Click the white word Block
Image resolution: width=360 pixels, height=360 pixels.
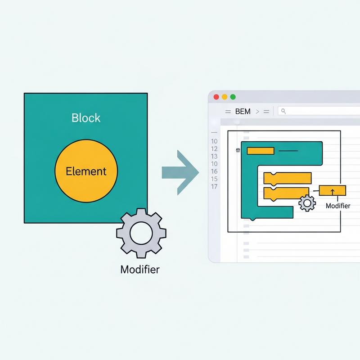point(86,118)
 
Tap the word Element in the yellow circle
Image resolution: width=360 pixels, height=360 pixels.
point(86,171)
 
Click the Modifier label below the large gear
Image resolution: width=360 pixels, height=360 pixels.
point(140,269)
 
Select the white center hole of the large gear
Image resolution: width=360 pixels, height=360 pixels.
point(141,233)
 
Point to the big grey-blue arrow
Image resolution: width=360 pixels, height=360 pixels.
point(180,173)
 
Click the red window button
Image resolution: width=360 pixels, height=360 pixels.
point(216,97)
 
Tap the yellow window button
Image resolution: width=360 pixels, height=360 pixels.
point(225,97)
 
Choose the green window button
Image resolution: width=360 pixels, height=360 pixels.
point(233,97)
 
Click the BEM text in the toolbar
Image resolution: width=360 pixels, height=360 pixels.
point(243,112)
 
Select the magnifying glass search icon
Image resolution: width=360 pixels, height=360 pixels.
point(283,111)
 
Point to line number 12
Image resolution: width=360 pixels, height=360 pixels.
point(214,149)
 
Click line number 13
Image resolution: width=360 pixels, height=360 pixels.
point(214,156)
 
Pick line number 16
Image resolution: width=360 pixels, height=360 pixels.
point(214,171)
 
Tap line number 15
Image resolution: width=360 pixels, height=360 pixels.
point(214,179)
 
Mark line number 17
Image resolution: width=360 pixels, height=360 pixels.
point(214,186)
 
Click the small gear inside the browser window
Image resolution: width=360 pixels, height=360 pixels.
point(307,203)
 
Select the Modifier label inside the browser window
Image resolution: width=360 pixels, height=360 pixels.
point(338,206)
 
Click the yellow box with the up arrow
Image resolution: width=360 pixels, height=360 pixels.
point(333,190)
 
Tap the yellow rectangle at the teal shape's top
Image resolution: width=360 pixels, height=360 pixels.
point(261,151)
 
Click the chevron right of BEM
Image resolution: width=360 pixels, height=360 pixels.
point(257,112)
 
